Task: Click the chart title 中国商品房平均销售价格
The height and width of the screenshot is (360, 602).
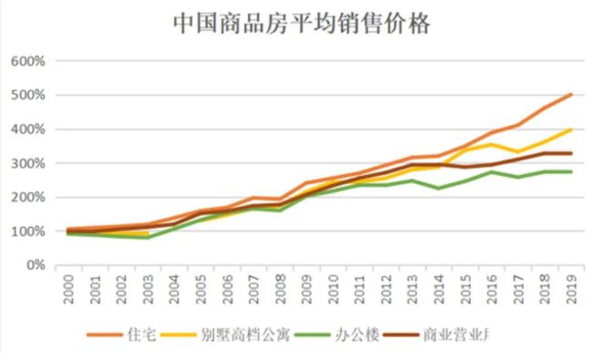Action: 301,24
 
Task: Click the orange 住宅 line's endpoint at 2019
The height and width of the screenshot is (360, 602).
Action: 571,94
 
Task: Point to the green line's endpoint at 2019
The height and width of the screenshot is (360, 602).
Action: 571,171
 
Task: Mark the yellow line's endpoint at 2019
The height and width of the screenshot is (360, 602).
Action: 571,129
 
